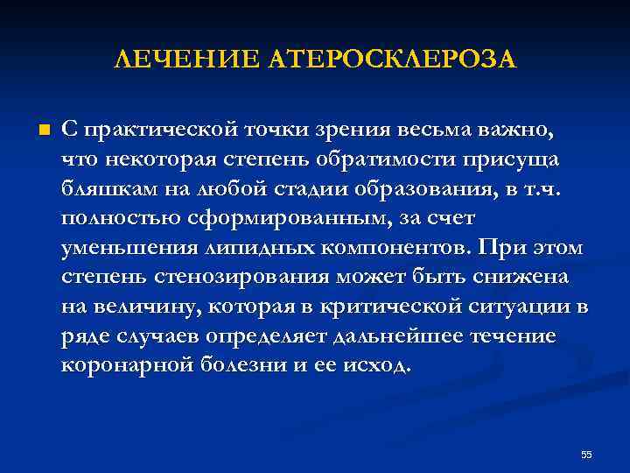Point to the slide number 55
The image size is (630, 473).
coord(586,454)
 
